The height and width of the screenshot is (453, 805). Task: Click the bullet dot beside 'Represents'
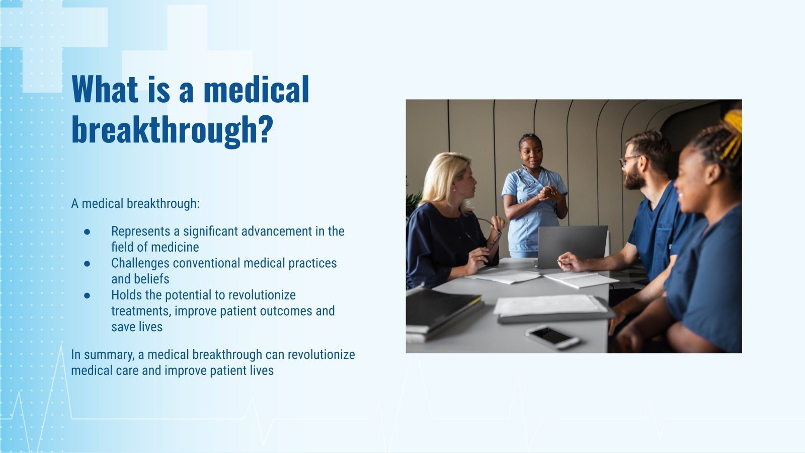tap(87, 232)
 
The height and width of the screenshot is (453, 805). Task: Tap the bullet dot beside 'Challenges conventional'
tap(87, 263)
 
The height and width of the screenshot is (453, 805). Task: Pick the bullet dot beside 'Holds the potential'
tap(87, 295)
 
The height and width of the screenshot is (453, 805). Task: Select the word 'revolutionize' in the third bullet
tap(262, 295)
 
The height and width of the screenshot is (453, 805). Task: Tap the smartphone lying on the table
tap(552, 336)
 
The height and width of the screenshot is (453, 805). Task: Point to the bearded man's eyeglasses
tap(629, 160)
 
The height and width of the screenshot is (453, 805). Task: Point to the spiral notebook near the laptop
tap(581, 279)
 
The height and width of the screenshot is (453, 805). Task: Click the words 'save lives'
tap(137, 327)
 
